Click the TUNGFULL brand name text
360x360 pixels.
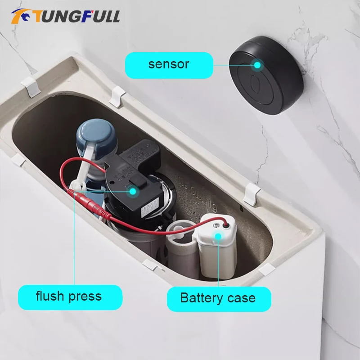[76, 16]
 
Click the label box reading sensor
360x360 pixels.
[169, 65]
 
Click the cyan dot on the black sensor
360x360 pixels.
[257, 65]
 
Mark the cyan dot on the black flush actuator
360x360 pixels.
[133, 191]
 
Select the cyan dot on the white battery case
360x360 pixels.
[219, 236]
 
